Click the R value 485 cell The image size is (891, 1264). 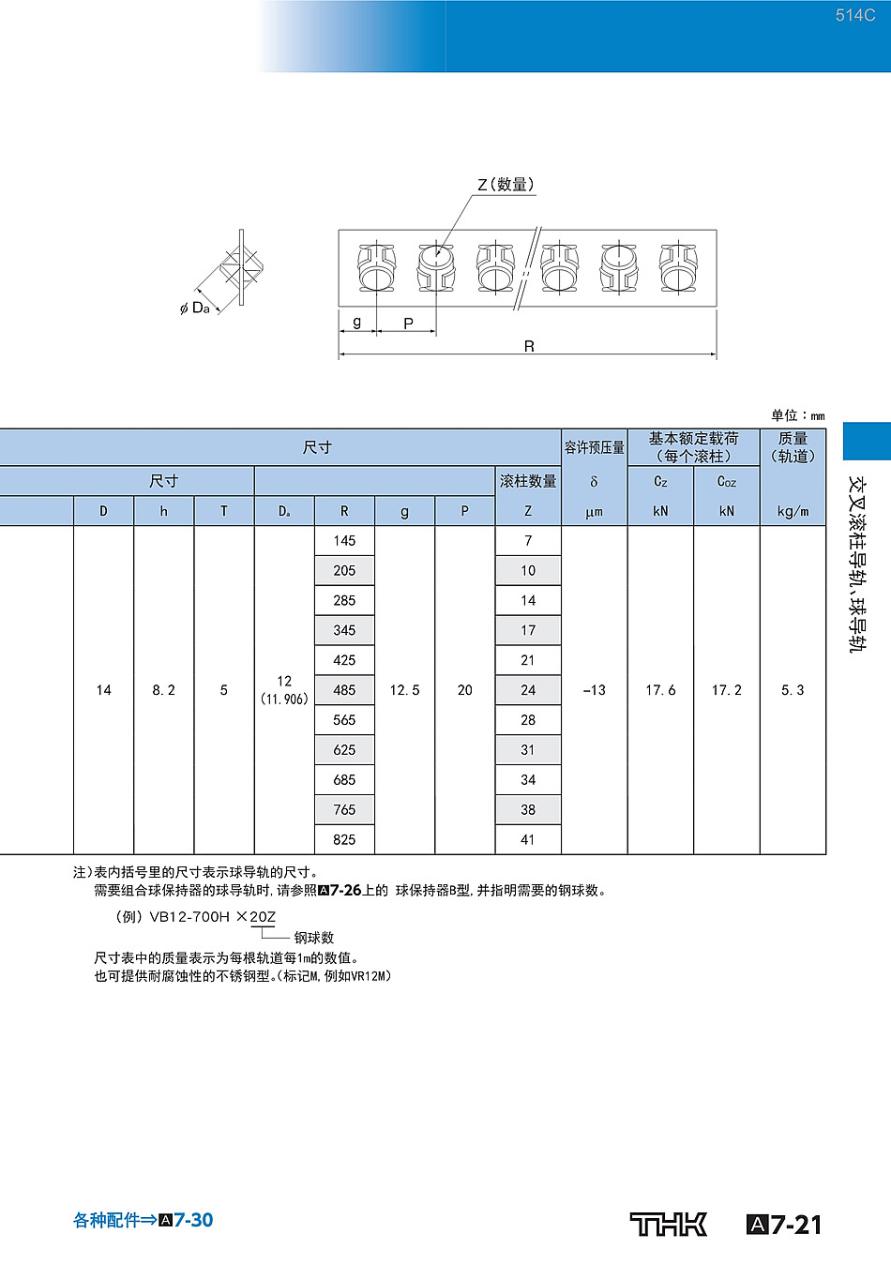click(344, 690)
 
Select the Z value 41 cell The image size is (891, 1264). click(528, 839)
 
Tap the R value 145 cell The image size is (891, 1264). click(344, 541)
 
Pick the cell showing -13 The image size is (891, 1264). click(595, 690)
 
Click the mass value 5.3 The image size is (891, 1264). click(793, 690)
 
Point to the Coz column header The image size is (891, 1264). click(726, 481)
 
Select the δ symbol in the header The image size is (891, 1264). click(594, 482)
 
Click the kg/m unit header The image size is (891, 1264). click(793, 511)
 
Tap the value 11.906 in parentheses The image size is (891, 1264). click(284, 700)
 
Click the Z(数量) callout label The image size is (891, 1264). click(506, 185)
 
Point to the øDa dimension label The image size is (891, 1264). click(195, 308)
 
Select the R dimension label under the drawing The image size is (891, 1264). click(529, 346)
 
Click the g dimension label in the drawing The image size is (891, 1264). click(356, 323)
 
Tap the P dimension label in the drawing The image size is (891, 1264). click(409, 324)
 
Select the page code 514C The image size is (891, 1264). click(854, 15)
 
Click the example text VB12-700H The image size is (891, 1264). click(189, 917)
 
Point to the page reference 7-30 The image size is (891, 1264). click(193, 1220)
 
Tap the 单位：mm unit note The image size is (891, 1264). click(798, 416)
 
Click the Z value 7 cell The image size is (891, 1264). click(528, 541)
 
